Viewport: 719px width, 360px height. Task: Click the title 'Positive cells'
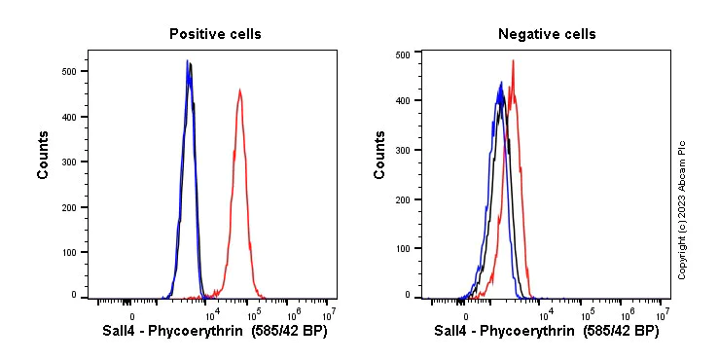click(215, 34)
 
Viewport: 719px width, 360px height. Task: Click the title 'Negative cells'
click(547, 34)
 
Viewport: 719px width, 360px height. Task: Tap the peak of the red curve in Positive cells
click(239, 90)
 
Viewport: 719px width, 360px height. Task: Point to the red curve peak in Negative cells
click(513, 61)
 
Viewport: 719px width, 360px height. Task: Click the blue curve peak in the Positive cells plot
click(187, 61)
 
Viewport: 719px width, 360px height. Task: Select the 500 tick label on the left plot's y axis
click(69, 71)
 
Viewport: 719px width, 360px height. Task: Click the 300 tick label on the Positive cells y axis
click(69, 162)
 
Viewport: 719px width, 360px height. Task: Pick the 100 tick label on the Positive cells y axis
click(69, 252)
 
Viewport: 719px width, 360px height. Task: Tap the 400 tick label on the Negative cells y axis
click(403, 99)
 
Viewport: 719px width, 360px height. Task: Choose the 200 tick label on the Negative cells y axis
click(403, 198)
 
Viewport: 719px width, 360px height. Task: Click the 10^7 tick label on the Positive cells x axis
click(329, 314)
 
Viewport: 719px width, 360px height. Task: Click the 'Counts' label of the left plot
click(44, 154)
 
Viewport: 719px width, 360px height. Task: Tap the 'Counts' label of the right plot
click(379, 154)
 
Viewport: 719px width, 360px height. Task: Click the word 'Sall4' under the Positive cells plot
click(121, 332)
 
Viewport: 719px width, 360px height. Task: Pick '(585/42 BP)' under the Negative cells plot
click(621, 332)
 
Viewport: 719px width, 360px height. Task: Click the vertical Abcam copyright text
click(682, 209)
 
